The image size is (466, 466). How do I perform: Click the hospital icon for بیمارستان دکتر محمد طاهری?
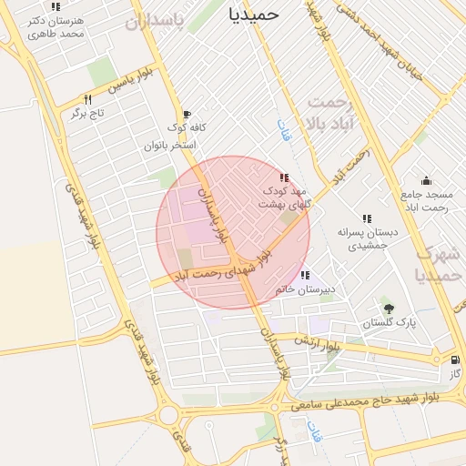tap(56, 7)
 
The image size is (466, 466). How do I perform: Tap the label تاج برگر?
tap(89, 114)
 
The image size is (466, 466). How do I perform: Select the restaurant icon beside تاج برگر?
tap(88, 98)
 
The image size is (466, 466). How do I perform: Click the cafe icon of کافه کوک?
tap(187, 115)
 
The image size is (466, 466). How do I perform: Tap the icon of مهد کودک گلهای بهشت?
tap(285, 177)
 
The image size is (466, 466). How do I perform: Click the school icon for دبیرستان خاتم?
tap(305, 275)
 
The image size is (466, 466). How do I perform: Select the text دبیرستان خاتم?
tap(306, 289)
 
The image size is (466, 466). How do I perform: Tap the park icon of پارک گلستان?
tap(390, 308)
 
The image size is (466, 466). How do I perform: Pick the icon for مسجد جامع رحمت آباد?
tap(426, 180)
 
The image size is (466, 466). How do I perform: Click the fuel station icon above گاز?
tap(454, 360)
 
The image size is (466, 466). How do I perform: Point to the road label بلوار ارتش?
tap(319, 344)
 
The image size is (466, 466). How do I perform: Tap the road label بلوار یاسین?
tap(128, 85)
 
